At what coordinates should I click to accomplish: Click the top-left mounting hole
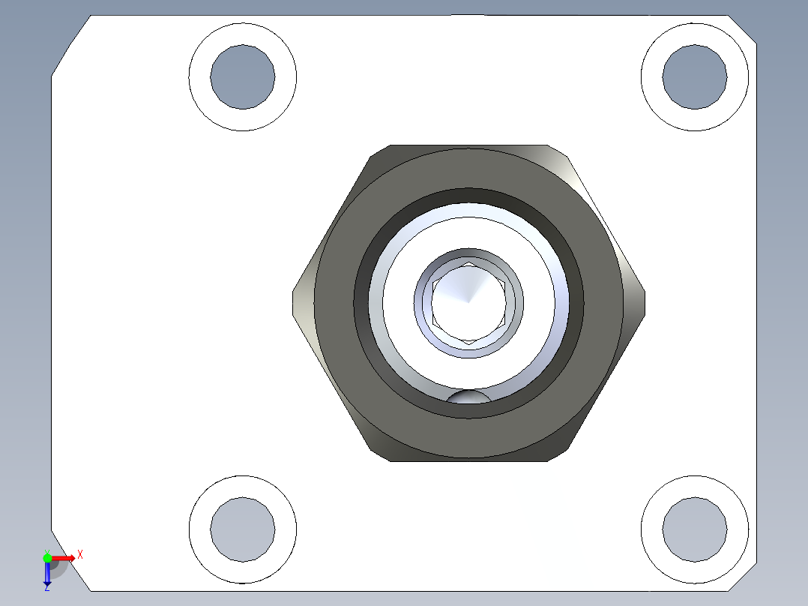(x=242, y=76)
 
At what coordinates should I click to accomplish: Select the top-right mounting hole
(x=695, y=76)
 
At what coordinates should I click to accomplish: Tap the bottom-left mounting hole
(x=242, y=529)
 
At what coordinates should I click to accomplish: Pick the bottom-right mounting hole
(x=695, y=529)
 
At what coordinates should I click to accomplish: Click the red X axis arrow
(x=64, y=558)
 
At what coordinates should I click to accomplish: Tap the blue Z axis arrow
(x=47, y=574)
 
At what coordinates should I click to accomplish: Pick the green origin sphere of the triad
(x=47, y=557)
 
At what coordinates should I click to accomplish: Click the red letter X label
(x=79, y=554)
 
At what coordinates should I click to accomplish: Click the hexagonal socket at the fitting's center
(x=468, y=302)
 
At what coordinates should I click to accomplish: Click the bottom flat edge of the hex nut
(x=468, y=459)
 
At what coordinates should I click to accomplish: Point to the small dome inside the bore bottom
(x=468, y=397)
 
